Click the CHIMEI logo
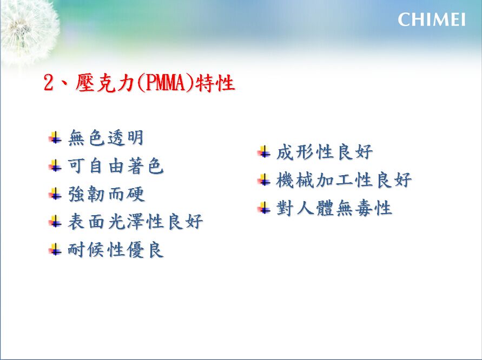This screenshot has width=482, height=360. (x=431, y=19)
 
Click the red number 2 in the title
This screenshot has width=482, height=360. (x=48, y=83)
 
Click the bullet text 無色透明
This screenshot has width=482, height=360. (x=105, y=138)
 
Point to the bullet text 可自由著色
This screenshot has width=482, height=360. (x=116, y=166)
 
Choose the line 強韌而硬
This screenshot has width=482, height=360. (x=106, y=194)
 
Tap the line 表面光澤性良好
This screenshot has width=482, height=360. (x=135, y=222)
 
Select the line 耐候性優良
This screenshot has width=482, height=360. (x=116, y=250)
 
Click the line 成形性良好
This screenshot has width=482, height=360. (x=325, y=152)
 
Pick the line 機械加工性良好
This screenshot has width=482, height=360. (x=344, y=180)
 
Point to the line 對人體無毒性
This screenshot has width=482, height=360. (x=334, y=208)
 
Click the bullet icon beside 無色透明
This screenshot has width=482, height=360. (x=55, y=138)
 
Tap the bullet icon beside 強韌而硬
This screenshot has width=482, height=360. (x=55, y=194)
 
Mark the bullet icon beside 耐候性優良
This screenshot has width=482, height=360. (x=55, y=250)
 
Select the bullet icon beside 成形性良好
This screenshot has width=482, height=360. (x=264, y=152)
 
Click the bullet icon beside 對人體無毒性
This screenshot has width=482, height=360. (x=264, y=208)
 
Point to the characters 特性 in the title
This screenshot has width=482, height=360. (x=215, y=83)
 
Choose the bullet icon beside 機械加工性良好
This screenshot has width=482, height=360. (x=264, y=180)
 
